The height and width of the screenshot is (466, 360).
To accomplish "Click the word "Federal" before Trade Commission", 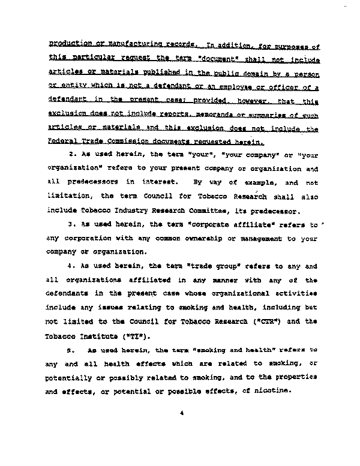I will tap(62, 143).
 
